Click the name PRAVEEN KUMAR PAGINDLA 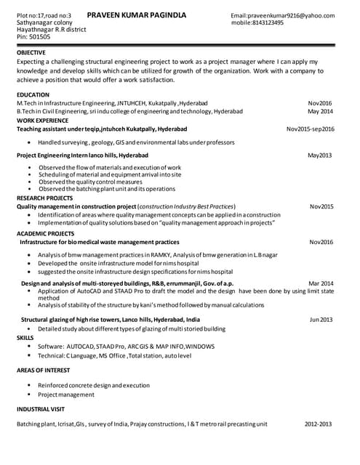pyautogui.click(x=136, y=15)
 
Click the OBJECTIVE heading pyautogui.click(x=31, y=54)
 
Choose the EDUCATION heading pyautogui.click(x=33, y=95)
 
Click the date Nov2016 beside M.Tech pyautogui.click(x=320, y=104)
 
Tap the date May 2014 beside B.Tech pyautogui.click(x=320, y=112)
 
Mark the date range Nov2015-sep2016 pyautogui.click(x=311, y=129)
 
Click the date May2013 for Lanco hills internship pyautogui.click(x=320, y=155)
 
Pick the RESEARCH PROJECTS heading pyautogui.click(x=45, y=198)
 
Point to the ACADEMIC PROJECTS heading pyautogui.click(x=46, y=234)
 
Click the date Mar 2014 pyautogui.click(x=321, y=283)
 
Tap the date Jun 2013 pyautogui.click(x=321, y=320)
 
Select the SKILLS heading pyautogui.click(x=25, y=338)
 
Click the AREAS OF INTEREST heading pyautogui.click(x=44, y=371)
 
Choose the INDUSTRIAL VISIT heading pyautogui.click(x=41, y=411)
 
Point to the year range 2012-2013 pyautogui.click(x=319, y=424)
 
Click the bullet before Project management pyautogui.click(x=29, y=395)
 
